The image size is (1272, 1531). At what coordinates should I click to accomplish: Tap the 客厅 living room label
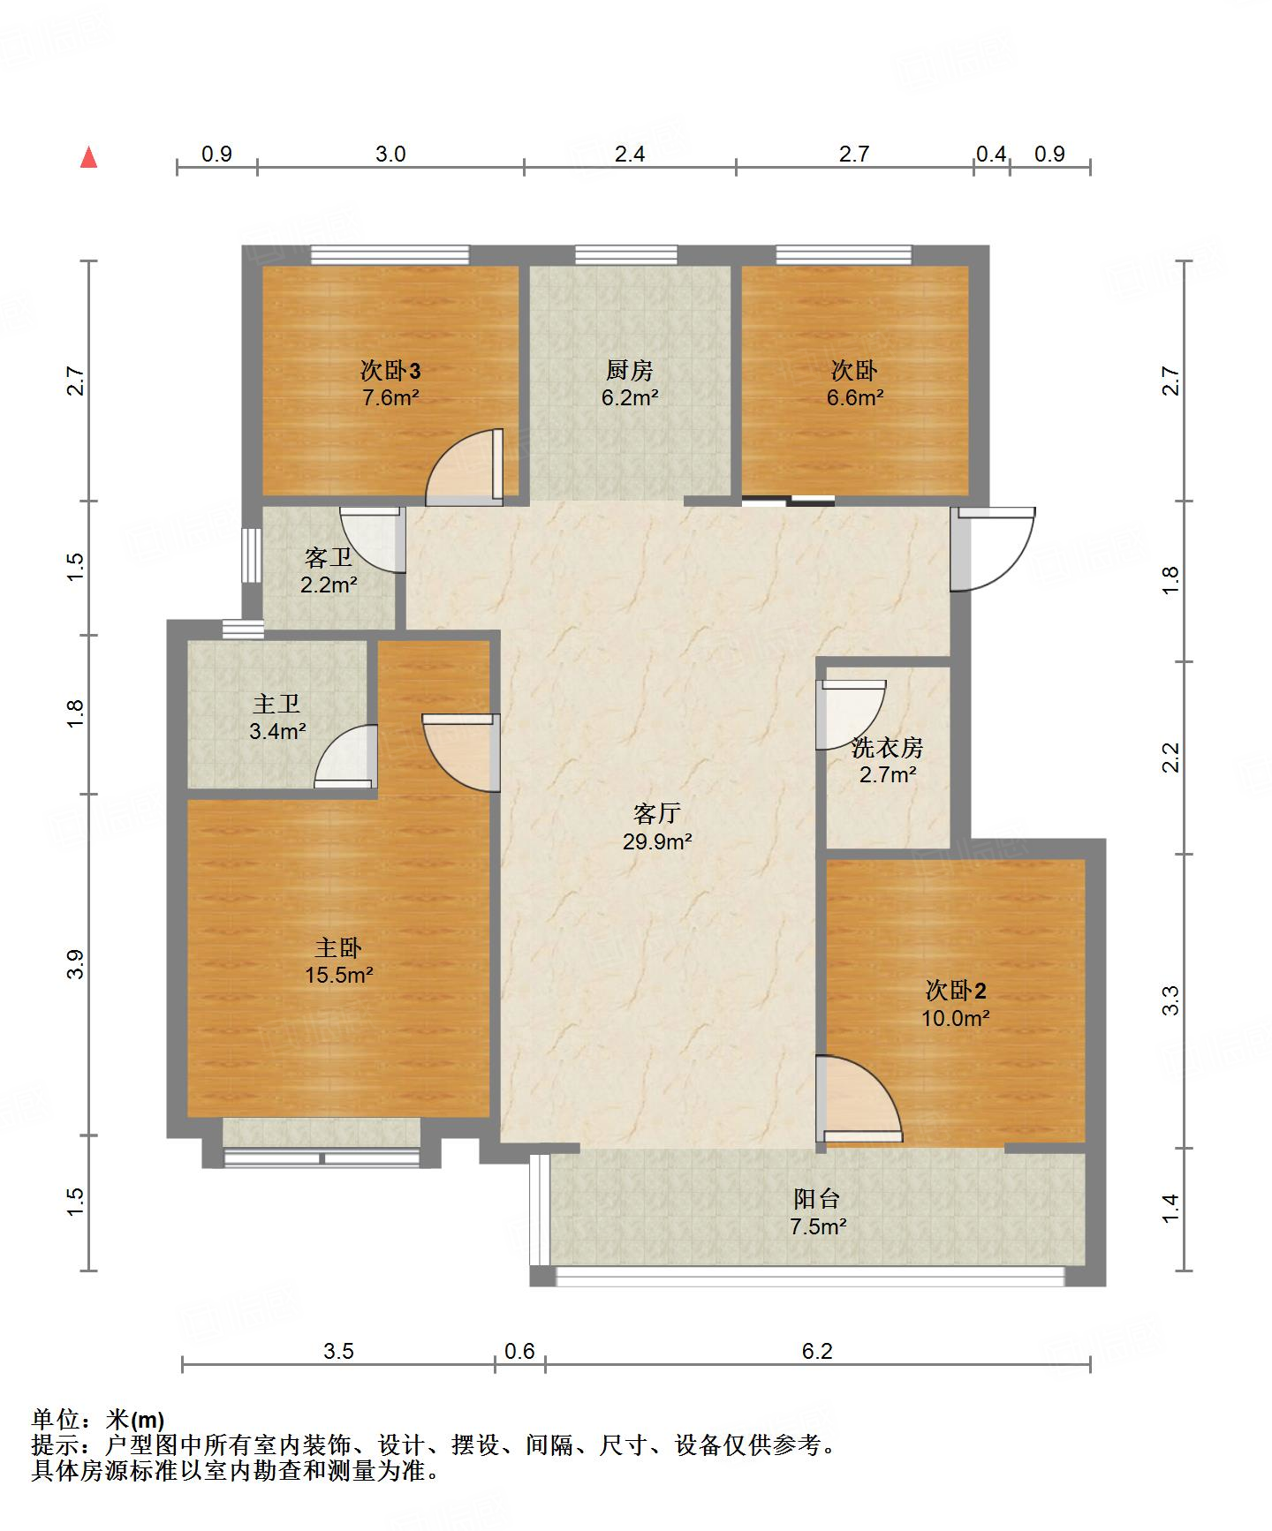656,813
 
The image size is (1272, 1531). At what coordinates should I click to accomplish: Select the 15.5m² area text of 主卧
338,976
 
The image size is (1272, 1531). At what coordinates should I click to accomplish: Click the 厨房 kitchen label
630,369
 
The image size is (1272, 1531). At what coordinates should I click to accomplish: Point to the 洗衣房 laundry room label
887,748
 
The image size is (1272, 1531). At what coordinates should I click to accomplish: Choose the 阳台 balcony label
817,1198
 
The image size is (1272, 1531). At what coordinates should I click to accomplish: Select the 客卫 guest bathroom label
329,557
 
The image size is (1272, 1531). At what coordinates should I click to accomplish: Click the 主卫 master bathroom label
276,704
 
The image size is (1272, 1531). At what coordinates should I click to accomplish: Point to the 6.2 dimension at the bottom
817,1351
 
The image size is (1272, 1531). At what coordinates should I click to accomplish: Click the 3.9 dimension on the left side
76,963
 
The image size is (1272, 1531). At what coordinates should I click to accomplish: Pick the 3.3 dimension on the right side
1170,1000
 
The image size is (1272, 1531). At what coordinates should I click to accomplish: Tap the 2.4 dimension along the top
629,155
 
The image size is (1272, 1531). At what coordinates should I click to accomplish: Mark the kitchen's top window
626,254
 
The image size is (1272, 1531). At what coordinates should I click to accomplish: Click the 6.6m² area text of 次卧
855,397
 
